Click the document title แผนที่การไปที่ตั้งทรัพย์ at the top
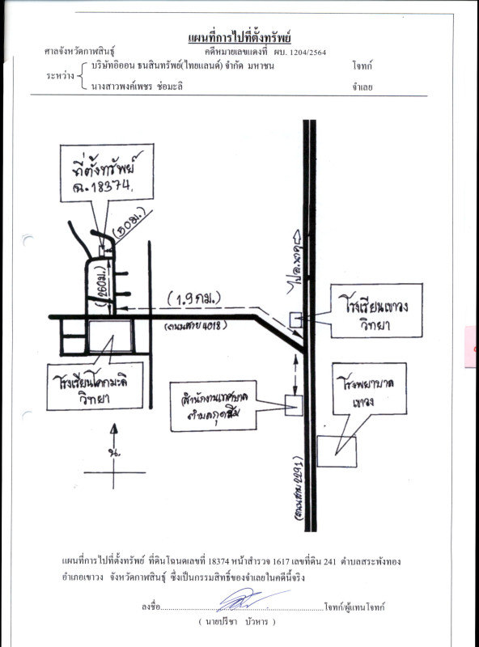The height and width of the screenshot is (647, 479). click(x=239, y=39)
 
